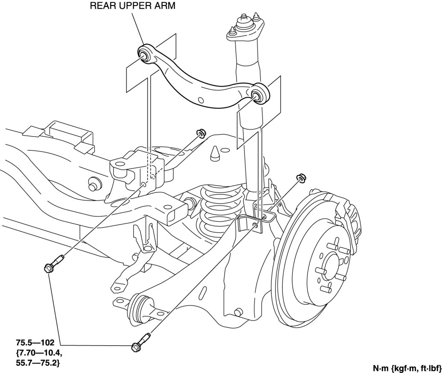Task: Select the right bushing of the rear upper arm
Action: [259, 95]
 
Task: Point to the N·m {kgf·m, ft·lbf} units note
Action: [406, 367]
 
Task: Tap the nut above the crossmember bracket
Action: [199, 133]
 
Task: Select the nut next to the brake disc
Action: [300, 177]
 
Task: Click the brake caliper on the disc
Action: [348, 209]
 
